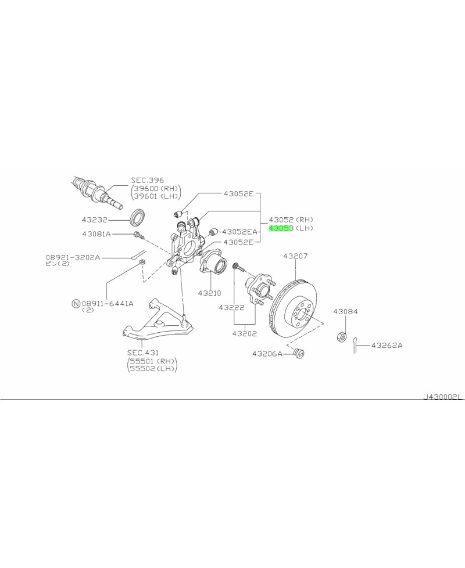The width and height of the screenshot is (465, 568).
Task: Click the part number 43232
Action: [x=96, y=221]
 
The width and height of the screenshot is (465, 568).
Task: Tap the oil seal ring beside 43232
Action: [x=138, y=217]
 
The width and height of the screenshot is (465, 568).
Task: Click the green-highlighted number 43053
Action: [x=280, y=229]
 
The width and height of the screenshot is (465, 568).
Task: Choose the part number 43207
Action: [x=295, y=256]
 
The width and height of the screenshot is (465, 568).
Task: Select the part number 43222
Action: [x=232, y=307]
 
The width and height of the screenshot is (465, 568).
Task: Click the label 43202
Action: [x=245, y=333]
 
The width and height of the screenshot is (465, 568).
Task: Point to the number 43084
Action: [x=345, y=312]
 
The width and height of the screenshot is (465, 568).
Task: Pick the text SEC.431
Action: [x=142, y=353]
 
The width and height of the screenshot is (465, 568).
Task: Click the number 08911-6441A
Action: [x=108, y=303]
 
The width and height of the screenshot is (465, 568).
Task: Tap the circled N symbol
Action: [x=76, y=303]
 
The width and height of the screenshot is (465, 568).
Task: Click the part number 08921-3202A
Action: [x=73, y=256]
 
